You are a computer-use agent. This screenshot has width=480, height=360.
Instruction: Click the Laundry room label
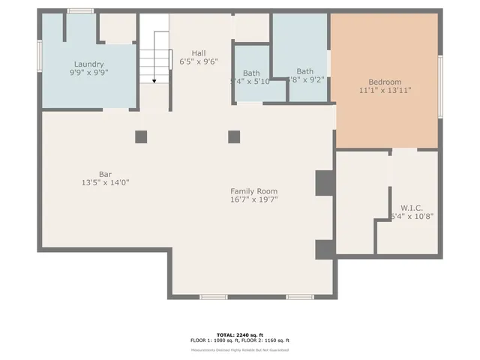(x=88, y=64)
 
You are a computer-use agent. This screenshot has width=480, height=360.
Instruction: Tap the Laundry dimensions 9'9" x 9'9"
(x=88, y=73)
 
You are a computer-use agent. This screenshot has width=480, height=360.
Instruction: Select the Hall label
(x=199, y=52)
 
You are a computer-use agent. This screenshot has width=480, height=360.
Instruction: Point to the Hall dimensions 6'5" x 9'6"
(x=199, y=61)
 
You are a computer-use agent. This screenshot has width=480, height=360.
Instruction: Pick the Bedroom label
(x=385, y=82)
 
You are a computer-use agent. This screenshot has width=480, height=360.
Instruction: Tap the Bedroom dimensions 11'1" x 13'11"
(x=385, y=91)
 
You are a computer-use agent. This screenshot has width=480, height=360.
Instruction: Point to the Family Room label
(x=253, y=191)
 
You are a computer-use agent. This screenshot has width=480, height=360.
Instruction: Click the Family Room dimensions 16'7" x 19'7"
(x=253, y=200)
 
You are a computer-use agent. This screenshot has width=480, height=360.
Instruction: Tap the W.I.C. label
(x=412, y=208)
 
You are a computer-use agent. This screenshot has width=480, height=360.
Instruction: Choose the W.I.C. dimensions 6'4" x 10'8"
(x=412, y=217)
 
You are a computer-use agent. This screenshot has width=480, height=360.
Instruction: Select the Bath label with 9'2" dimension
(x=305, y=71)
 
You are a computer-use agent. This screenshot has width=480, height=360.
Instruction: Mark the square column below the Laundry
(x=141, y=136)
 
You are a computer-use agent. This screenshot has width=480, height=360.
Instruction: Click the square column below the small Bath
(x=234, y=136)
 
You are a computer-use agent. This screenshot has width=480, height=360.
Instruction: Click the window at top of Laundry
(x=80, y=11)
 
